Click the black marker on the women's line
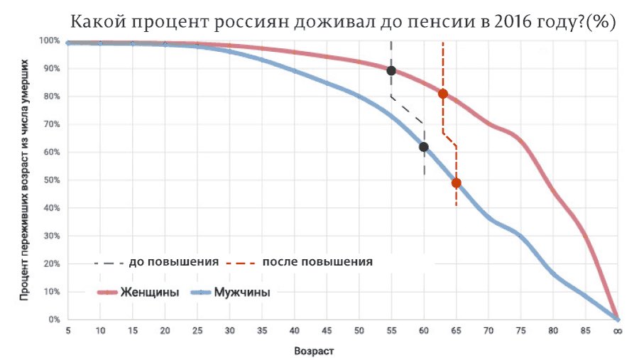391,70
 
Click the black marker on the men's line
424,147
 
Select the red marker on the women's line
443,94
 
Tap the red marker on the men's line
456,183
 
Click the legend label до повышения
173,262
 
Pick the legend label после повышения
317,262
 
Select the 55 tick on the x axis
391,331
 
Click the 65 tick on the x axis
456,331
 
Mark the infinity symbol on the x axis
618,331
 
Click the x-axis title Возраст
314,351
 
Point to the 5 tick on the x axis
68,331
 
